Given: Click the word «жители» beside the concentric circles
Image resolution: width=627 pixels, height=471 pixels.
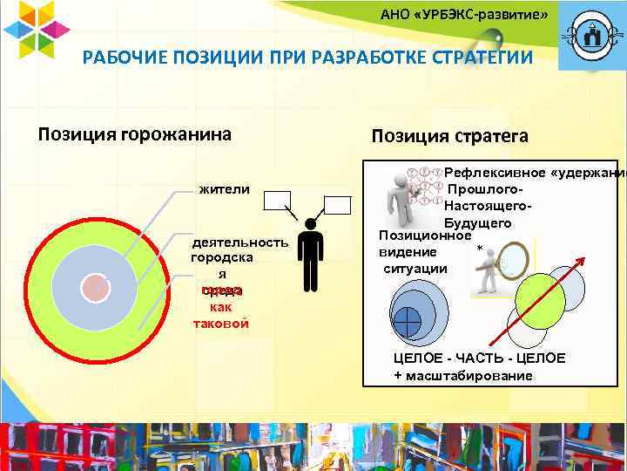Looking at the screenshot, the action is click(x=224, y=189).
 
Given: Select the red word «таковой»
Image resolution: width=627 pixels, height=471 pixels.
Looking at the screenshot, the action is click(x=220, y=323).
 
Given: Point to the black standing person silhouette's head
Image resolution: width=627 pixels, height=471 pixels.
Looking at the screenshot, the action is click(x=309, y=223).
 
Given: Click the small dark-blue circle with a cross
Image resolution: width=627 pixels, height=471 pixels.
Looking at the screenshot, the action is click(x=407, y=321).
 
